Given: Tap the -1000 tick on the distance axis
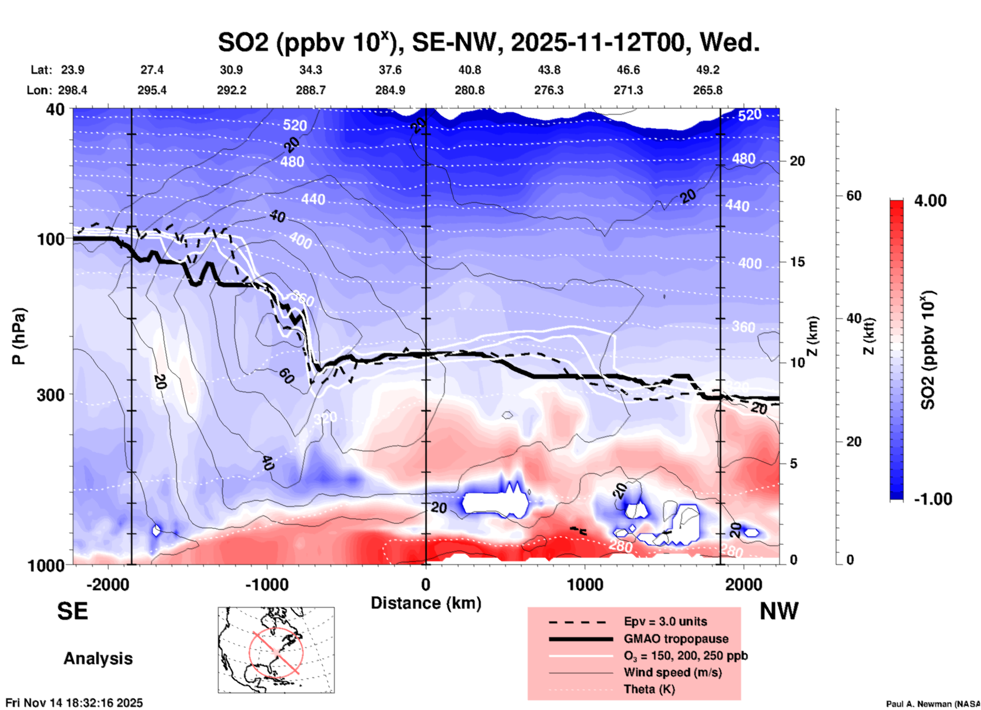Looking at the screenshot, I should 266,584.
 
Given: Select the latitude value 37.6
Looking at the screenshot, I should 390,70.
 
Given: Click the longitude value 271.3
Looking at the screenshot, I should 628,90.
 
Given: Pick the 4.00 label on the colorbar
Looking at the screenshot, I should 930,201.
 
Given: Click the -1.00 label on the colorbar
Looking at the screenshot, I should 933,499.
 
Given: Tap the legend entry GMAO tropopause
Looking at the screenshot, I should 676,639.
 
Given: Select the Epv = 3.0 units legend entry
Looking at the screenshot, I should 665,621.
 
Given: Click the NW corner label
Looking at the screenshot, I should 779,611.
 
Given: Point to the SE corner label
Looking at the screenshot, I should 72,611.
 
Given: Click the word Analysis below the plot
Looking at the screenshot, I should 98,659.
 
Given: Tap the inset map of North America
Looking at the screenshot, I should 276,649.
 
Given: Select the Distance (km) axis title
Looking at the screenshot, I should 426,603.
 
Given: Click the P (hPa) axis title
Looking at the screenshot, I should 19,336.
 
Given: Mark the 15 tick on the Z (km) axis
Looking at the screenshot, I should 797,262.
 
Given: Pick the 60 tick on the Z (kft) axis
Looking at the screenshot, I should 854,196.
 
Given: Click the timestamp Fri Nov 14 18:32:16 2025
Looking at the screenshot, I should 74,703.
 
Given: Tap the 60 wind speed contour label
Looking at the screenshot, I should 286,376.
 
